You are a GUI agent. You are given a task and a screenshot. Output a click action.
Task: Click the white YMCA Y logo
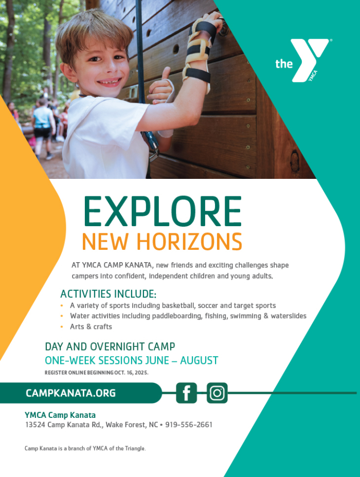click(308, 60)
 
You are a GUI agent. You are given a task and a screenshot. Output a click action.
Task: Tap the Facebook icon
click(187, 393)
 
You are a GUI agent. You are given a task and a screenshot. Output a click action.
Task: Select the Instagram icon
click(217, 393)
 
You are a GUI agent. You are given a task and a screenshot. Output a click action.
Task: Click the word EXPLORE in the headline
click(163, 211)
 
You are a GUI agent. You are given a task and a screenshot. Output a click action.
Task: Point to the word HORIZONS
click(189, 242)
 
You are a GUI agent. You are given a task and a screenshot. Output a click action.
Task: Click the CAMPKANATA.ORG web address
click(70, 393)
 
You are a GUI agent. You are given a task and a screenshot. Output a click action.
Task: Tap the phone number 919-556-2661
click(189, 425)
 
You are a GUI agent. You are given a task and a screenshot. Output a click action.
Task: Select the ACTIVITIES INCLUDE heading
click(109, 294)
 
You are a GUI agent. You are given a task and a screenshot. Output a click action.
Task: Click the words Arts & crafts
click(91, 326)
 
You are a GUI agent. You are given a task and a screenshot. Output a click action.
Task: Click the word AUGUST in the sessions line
click(199, 360)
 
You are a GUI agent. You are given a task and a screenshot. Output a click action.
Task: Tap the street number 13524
click(35, 425)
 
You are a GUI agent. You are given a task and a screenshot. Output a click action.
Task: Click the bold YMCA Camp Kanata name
click(60, 415)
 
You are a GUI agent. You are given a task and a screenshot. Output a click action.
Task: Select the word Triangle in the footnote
click(135, 448)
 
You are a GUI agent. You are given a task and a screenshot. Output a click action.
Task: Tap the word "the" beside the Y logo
click(284, 64)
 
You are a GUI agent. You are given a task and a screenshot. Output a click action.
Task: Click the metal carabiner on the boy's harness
click(152, 146)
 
